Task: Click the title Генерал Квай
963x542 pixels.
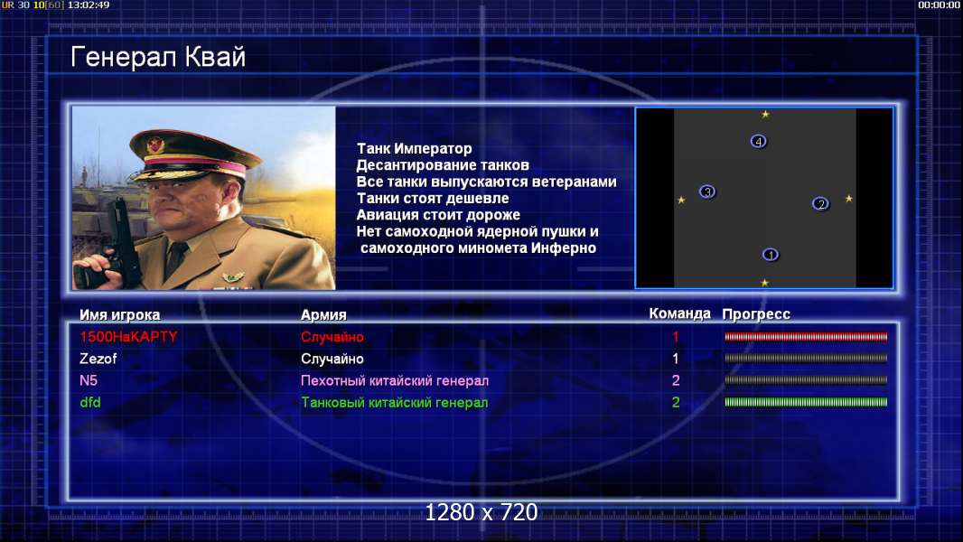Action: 158,57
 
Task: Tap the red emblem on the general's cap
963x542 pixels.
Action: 156,145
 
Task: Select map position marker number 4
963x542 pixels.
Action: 759,142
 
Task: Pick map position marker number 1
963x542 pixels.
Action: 771,254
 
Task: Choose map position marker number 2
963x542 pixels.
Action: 820,204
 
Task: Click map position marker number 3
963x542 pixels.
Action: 707,192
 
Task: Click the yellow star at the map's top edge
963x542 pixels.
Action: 765,114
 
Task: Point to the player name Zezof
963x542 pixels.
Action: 98,359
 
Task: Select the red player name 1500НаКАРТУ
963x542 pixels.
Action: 128,336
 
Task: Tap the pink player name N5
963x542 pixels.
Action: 89,380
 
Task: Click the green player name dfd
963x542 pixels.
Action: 89,403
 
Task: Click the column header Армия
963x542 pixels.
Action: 323,315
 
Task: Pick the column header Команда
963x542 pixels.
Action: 680,313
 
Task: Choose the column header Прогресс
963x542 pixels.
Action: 756,314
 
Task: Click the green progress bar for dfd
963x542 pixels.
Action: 806,402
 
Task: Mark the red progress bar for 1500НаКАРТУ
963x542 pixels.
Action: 806,336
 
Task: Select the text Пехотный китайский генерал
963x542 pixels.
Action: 395,380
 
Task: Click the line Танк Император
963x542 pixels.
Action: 415,148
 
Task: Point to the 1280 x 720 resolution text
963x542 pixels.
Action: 481,512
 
